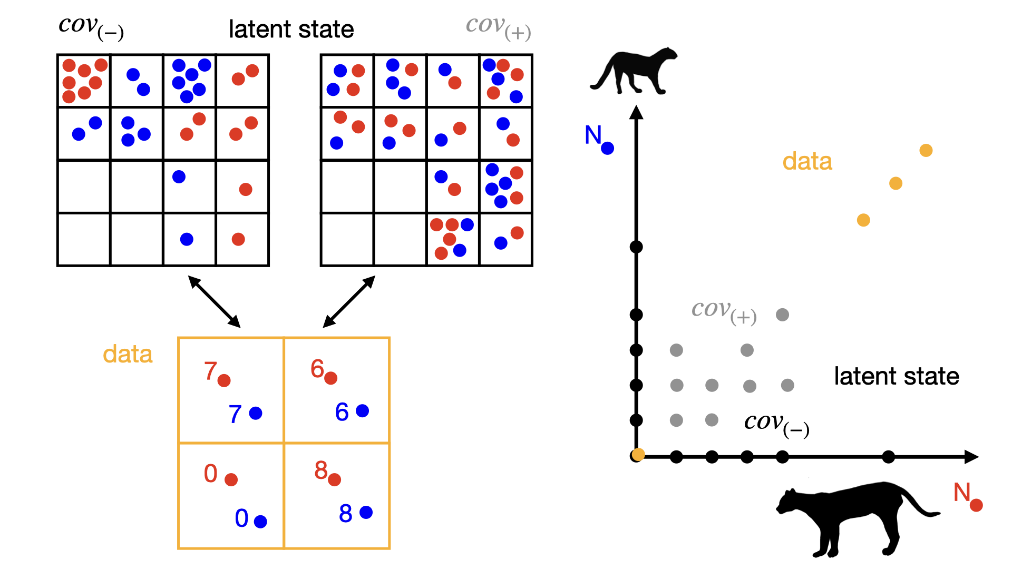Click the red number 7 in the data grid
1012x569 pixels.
(x=210, y=370)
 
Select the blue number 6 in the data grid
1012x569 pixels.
(x=342, y=411)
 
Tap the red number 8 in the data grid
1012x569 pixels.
(x=320, y=470)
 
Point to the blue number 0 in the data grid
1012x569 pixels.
(x=241, y=518)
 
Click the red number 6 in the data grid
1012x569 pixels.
(x=317, y=368)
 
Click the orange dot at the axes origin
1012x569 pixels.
(x=638, y=455)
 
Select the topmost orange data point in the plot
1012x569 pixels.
(x=926, y=151)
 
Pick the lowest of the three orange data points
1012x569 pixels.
(x=863, y=220)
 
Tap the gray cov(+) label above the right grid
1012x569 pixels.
(x=498, y=27)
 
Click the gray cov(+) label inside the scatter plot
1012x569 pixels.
(x=724, y=311)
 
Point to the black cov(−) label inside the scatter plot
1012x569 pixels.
(x=776, y=424)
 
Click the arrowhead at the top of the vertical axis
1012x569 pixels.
(x=636, y=112)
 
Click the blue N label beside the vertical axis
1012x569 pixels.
(x=593, y=135)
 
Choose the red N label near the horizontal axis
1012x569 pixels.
(x=962, y=493)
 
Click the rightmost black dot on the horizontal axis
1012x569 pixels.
(x=888, y=457)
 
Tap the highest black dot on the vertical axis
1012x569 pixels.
(x=636, y=247)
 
